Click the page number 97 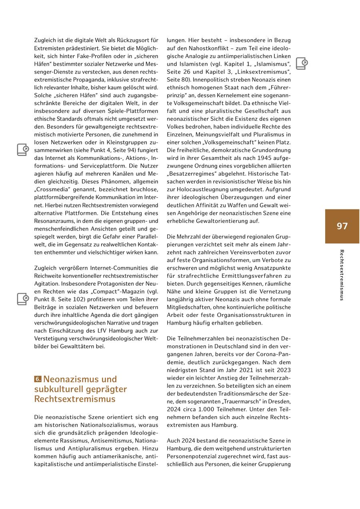tap(342, 226)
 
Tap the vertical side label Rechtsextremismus tap(342, 275)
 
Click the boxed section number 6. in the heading tap(38, 379)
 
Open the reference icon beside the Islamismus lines tap(302, 63)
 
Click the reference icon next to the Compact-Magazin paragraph tap(23, 299)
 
